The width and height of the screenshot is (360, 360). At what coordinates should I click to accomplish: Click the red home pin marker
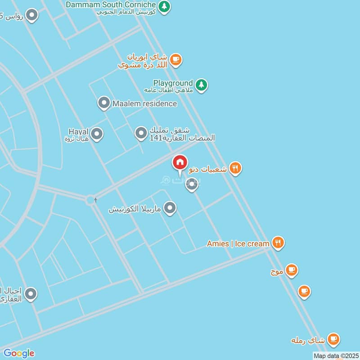click(180, 162)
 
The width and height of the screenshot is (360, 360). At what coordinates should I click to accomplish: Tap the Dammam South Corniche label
click(111, 4)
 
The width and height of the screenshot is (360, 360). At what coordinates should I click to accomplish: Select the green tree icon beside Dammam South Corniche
click(165, 7)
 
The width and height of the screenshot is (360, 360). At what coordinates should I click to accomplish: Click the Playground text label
click(173, 83)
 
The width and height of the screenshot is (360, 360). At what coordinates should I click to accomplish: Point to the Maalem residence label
click(144, 103)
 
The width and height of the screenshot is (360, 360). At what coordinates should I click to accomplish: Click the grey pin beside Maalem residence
click(104, 103)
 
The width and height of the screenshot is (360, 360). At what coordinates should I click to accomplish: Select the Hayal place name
click(78, 131)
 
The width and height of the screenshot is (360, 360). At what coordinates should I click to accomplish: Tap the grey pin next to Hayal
click(97, 134)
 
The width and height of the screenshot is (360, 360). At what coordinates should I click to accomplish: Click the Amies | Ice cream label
click(238, 243)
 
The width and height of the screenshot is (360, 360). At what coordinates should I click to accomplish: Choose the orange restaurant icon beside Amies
click(279, 243)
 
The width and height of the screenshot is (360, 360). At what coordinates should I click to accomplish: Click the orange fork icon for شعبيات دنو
click(235, 168)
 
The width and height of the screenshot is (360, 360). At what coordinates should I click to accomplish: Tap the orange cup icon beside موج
click(292, 270)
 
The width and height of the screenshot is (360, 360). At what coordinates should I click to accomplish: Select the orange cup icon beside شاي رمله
click(333, 339)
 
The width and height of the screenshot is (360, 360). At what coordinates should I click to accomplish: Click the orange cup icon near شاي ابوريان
click(175, 59)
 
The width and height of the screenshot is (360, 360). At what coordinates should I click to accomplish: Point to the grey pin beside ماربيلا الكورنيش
click(170, 208)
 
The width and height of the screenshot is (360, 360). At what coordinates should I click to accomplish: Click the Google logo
click(19, 353)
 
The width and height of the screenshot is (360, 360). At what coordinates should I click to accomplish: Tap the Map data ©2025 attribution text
click(335, 356)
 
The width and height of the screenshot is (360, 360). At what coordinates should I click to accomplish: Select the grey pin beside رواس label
click(31, 16)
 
